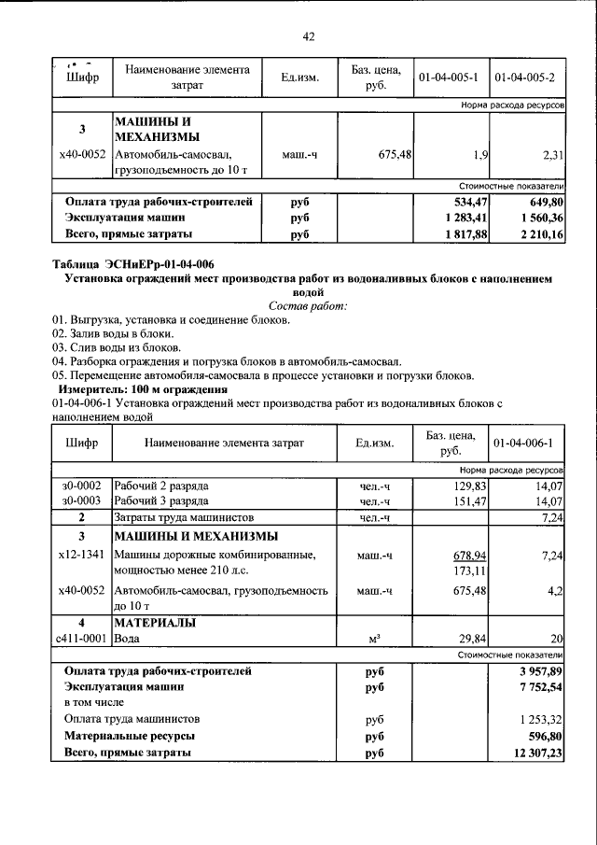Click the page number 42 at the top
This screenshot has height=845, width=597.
pos(309,36)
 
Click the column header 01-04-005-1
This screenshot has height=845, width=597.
pos(449,77)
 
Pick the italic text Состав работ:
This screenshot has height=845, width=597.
pos(308,306)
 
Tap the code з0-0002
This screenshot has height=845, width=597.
pos(81,486)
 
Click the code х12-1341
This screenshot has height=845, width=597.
pos(81,556)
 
